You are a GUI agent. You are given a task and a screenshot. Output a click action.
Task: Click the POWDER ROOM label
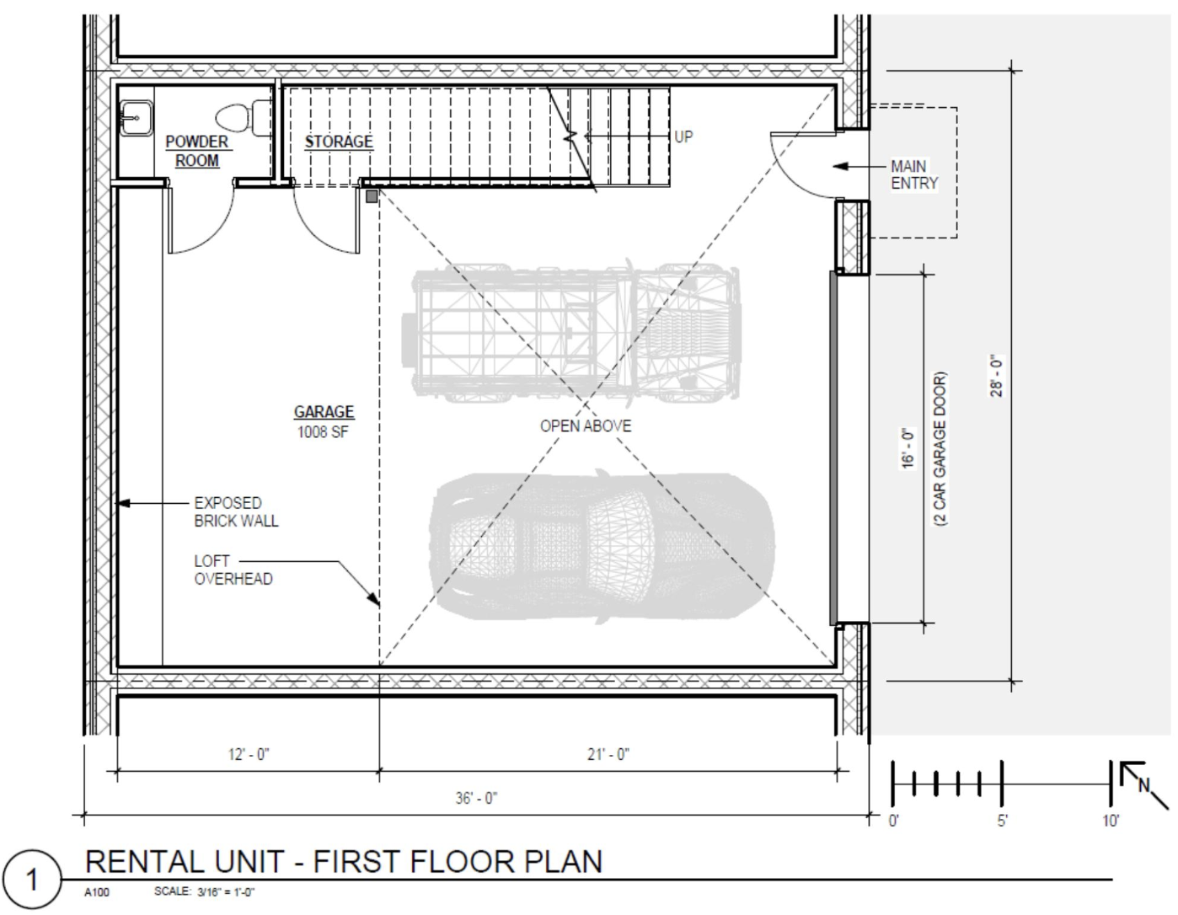coord(197,151)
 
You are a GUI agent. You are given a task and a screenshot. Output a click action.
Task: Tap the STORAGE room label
coord(339,142)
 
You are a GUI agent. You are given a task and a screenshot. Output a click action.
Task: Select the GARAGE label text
coord(324,412)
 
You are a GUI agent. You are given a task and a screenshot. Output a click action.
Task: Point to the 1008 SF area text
coord(324,432)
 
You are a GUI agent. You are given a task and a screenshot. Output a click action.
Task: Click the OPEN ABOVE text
coord(585,426)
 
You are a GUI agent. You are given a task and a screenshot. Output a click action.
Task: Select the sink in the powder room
coord(135,118)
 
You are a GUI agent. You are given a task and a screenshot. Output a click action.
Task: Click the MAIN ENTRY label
coord(913,174)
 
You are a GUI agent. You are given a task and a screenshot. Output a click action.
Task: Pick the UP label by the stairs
coord(683,136)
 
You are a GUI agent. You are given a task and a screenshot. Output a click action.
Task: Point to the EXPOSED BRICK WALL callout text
coord(236,511)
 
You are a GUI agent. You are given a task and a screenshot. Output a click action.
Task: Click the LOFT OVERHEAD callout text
coord(233,570)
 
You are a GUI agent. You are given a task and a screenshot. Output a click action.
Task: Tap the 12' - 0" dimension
coord(249,755)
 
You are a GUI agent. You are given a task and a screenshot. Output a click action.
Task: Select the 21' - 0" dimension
coord(608,755)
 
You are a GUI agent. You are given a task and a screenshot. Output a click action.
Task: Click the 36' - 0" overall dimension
coord(477,798)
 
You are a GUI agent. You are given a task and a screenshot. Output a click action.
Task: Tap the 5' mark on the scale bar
coord(1002,821)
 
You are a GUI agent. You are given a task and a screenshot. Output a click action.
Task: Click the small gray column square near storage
coord(372,196)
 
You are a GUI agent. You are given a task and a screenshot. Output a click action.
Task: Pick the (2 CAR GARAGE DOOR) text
coord(940,450)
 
